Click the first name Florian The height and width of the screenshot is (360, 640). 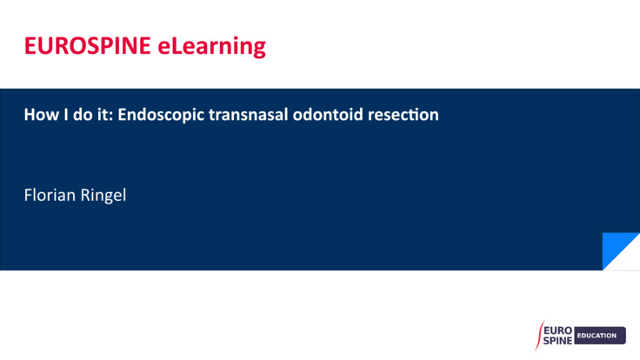click(50, 195)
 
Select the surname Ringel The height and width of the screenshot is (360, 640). click(104, 196)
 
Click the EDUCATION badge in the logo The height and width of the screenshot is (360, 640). click(600, 336)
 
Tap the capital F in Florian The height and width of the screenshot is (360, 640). click(28, 195)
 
